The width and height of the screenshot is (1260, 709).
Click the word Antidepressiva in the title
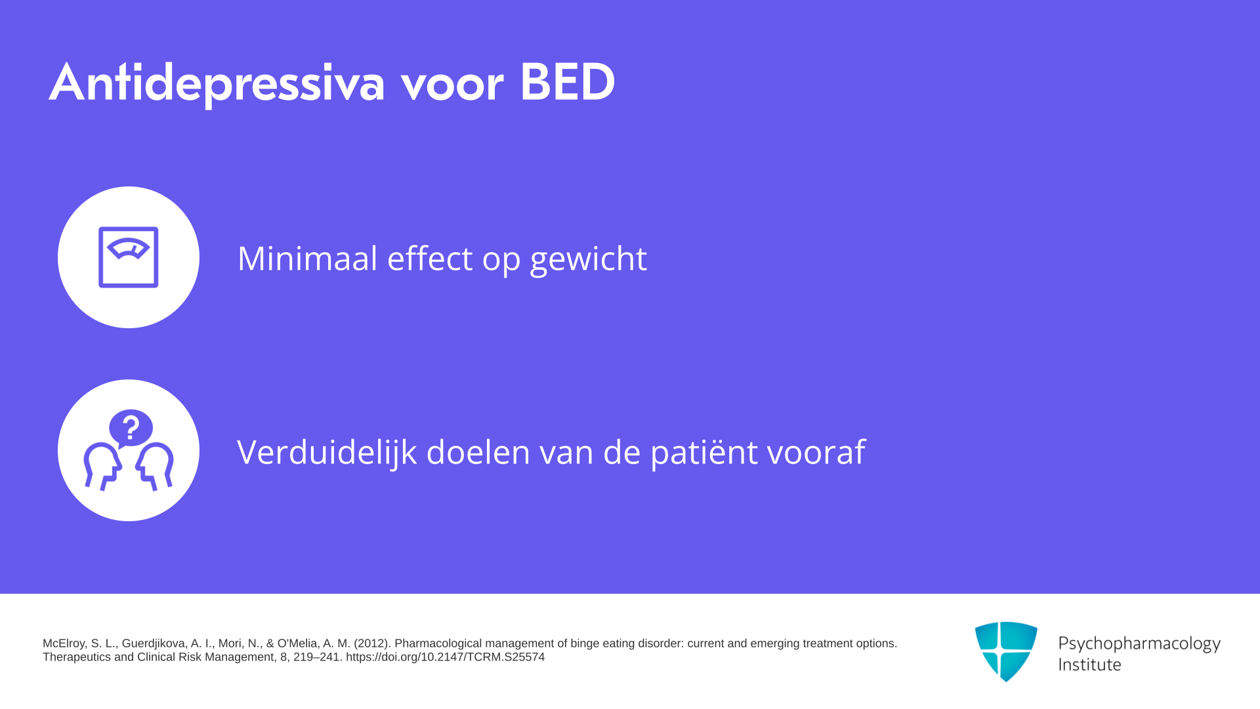(x=217, y=83)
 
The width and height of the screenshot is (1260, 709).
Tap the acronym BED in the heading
(x=567, y=82)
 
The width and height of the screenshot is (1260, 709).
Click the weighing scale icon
(x=129, y=257)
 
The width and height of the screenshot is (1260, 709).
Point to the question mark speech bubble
(x=131, y=429)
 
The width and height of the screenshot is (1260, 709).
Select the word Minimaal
(x=307, y=257)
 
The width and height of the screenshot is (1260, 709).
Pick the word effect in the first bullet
(x=430, y=257)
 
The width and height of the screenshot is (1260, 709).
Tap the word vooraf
(x=816, y=452)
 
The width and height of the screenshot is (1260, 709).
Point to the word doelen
(x=478, y=452)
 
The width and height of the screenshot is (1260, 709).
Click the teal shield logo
(x=1006, y=651)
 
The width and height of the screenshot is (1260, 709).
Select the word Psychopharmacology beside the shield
(x=1139, y=644)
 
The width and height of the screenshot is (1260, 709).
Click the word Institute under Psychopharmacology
(x=1090, y=664)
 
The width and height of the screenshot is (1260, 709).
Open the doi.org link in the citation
(x=445, y=657)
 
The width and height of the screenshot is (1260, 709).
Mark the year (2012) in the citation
(x=372, y=643)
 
